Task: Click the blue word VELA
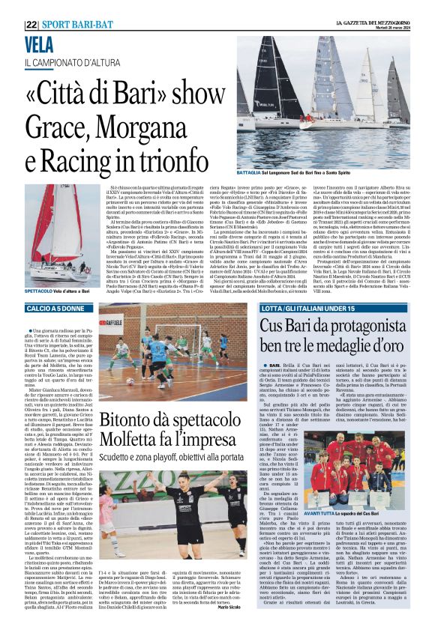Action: [39, 43]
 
